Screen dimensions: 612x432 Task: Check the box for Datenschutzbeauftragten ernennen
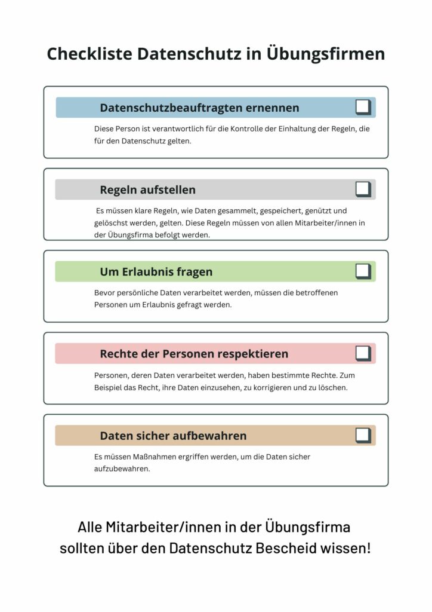click(362, 107)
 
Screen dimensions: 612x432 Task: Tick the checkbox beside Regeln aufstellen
click(362, 189)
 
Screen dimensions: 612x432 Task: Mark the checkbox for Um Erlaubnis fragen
click(362, 271)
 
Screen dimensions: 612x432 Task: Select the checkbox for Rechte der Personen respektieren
click(362, 353)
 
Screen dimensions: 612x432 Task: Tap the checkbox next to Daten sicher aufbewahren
click(362, 434)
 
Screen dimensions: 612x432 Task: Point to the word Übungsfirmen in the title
click(326, 54)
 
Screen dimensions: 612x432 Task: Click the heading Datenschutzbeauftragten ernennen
click(199, 108)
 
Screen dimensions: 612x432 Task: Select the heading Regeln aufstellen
click(147, 190)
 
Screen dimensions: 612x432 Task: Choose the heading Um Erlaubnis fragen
click(156, 272)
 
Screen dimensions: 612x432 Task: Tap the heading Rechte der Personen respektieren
click(194, 354)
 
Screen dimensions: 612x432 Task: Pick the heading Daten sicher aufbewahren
click(173, 436)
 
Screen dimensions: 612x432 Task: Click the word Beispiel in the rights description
click(110, 387)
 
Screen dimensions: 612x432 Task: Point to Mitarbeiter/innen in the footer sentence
click(164, 527)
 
